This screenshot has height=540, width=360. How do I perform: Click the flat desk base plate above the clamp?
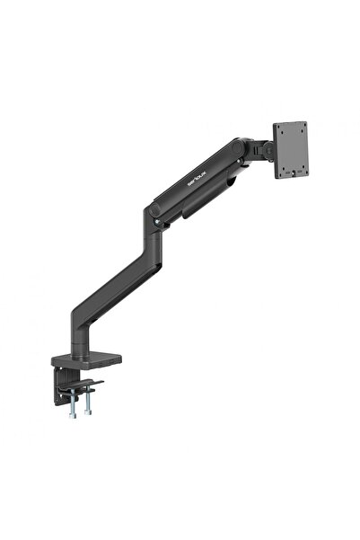[90, 358]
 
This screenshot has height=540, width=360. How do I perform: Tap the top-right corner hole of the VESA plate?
[302, 127]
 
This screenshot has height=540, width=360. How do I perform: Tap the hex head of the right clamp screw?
[88, 415]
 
